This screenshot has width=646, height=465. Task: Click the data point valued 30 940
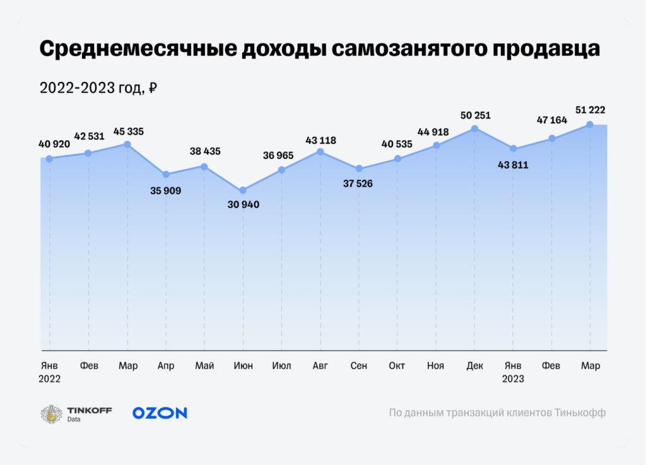243,191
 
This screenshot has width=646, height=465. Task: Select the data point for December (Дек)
474,129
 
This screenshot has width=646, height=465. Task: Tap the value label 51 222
591,110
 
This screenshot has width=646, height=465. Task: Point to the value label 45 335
128,131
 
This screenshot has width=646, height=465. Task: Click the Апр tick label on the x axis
166,366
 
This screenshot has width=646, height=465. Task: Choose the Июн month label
243,366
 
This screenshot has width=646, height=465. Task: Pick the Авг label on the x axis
320,366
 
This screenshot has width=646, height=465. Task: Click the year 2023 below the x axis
513,379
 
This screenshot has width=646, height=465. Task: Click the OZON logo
160,413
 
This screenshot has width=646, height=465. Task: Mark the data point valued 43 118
320,151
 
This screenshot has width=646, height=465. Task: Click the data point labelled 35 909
166,174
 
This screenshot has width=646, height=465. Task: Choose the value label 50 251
474,115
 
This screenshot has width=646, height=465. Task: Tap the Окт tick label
397,366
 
